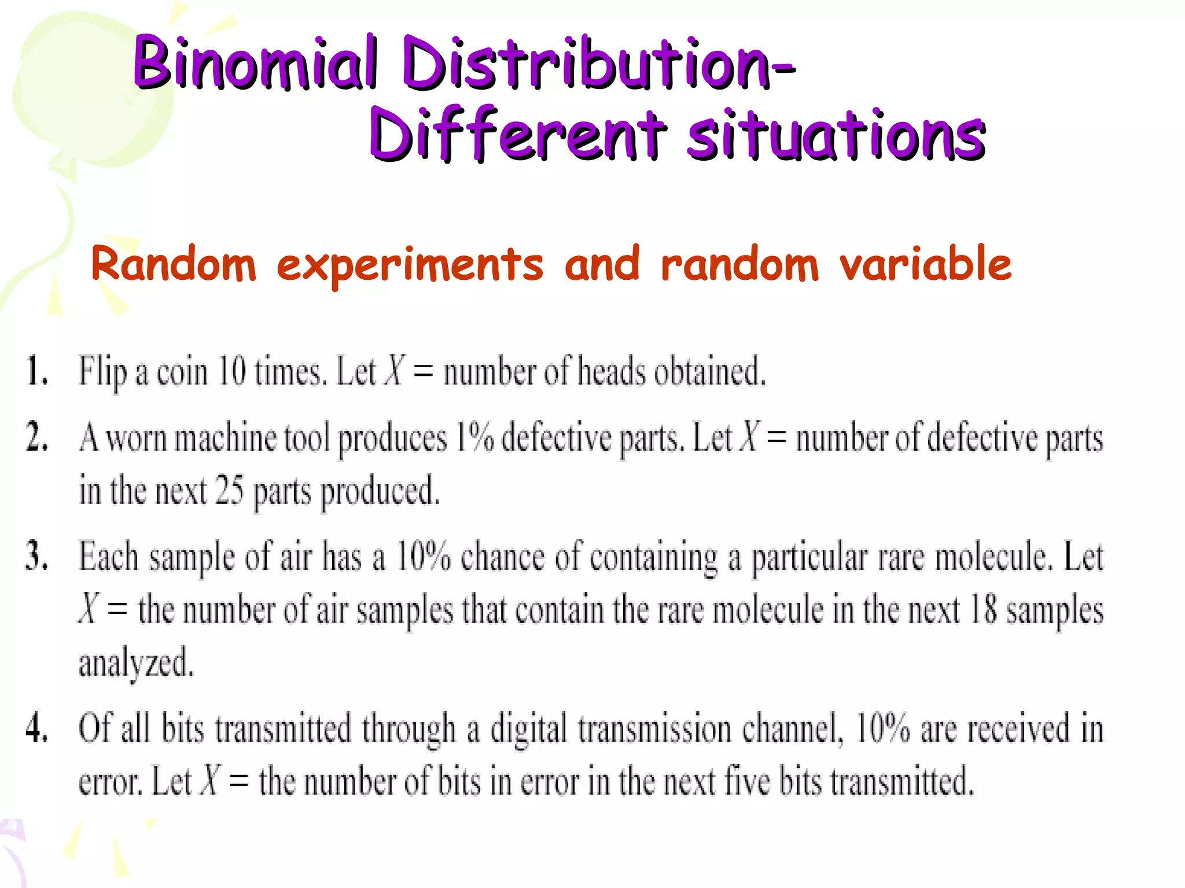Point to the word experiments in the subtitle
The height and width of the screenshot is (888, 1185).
pyautogui.click(x=410, y=265)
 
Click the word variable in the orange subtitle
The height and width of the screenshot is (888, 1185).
pyautogui.click(x=925, y=264)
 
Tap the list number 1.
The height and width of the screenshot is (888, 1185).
pyautogui.click(x=36, y=371)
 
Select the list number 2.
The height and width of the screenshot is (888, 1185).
pyautogui.click(x=36, y=437)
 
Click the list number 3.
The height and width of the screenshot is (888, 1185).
pyautogui.click(x=36, y=556)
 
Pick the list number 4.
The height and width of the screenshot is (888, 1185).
pyautogui.click(x=36, y=727)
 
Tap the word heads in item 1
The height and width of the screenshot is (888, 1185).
pyautogui.click(x=611, y=371)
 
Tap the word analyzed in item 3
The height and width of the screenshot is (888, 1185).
pyautogui.click(x=137, y=663)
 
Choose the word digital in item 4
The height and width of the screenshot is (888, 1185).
pyautogui.click(x=528, y=728)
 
